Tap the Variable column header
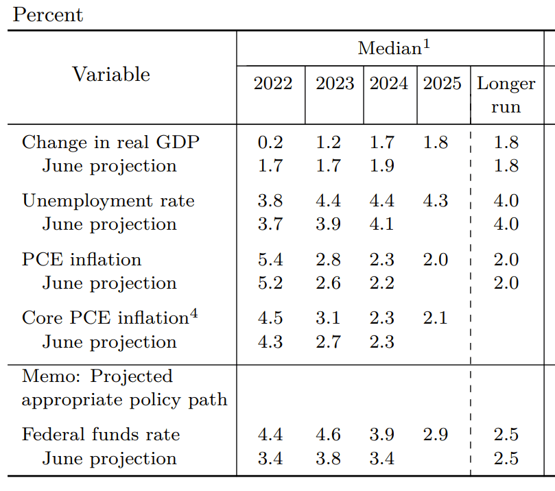point(111,74)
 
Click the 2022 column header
point(272,84)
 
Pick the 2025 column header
point(442,84)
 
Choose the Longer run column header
point(506,95)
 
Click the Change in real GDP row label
point(110,142)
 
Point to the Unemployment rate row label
point(108,201)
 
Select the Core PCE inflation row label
point(105,318)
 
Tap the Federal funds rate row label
point(101,435)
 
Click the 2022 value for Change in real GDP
point(270,142)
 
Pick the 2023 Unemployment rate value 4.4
point(328,201)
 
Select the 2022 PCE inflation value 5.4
point(270,259)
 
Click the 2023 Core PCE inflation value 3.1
point(328,318)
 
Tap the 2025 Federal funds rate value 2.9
point(436,435)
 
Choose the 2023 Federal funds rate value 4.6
point(328,435)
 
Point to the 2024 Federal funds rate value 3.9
point(382,435)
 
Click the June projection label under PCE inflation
point(109,283)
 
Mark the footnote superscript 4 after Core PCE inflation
point(194,314)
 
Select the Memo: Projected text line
point(97,376)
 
